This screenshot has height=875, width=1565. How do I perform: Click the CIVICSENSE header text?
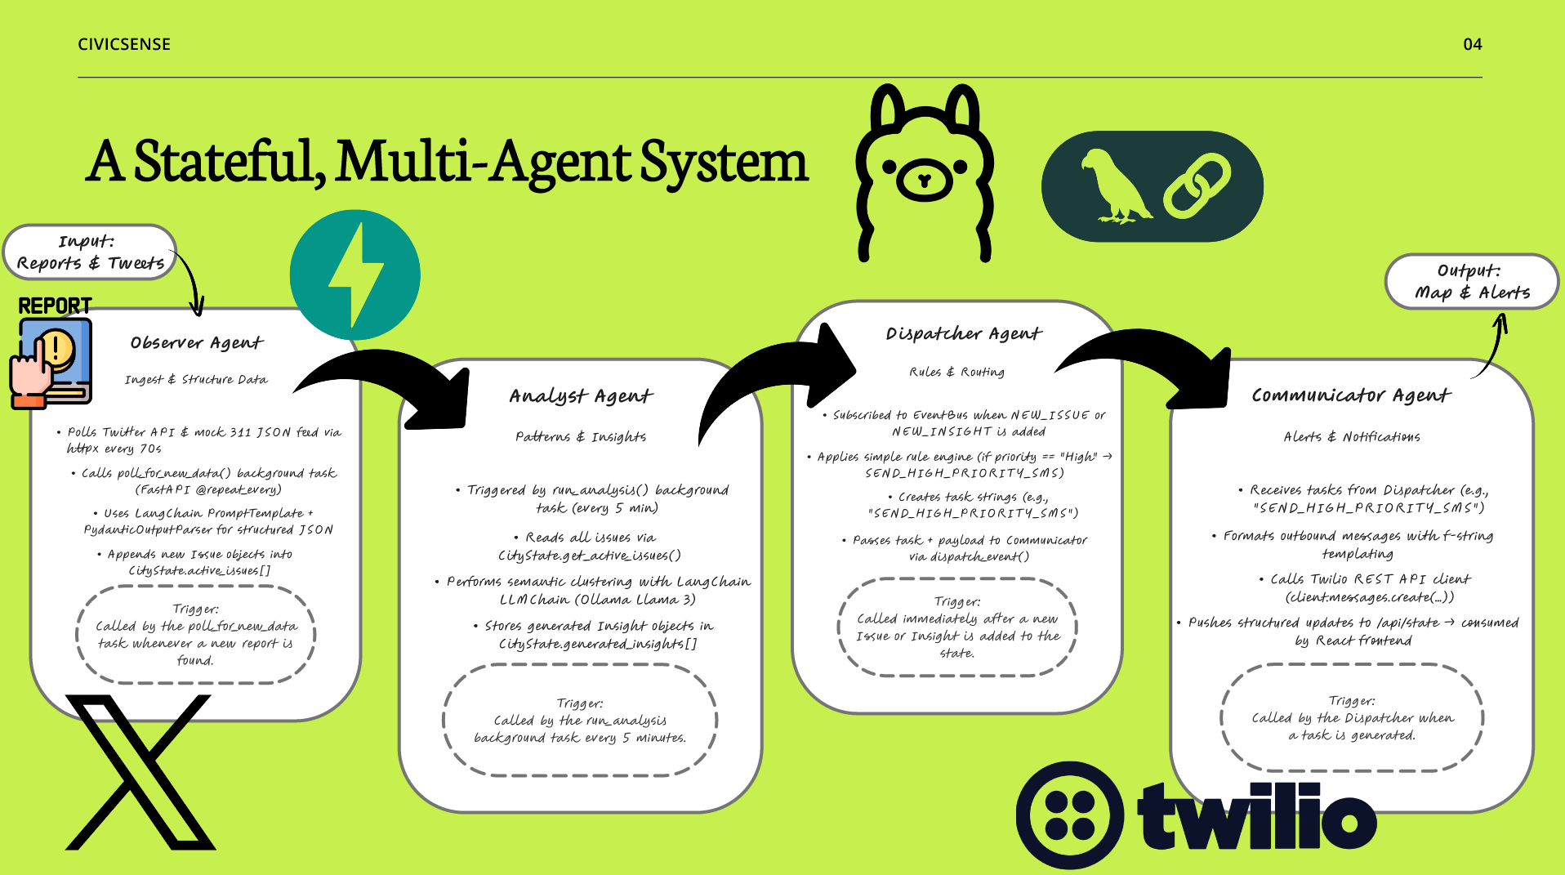(124, 44)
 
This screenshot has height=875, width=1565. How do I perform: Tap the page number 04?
(1472, 44)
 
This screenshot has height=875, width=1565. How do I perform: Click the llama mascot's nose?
(925, 180)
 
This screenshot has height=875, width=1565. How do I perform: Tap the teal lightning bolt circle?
(355, 275)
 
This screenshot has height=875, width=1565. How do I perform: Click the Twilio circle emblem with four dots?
(1070, 815)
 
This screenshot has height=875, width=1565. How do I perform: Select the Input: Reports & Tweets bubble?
(90, 252)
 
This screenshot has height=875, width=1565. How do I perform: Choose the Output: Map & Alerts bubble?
(1472, 282)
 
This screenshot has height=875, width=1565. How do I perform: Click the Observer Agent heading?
(197, 343)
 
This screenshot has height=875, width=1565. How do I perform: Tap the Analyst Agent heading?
(581, 396)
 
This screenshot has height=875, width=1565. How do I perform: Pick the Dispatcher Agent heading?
(964, 333)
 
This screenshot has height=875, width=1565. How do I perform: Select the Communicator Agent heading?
(1351, 395)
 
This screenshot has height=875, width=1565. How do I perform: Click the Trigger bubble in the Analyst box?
(580, 721)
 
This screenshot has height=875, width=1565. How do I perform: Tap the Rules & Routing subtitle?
(957, 372)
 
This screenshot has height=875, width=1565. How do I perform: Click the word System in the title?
(724, 162)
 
